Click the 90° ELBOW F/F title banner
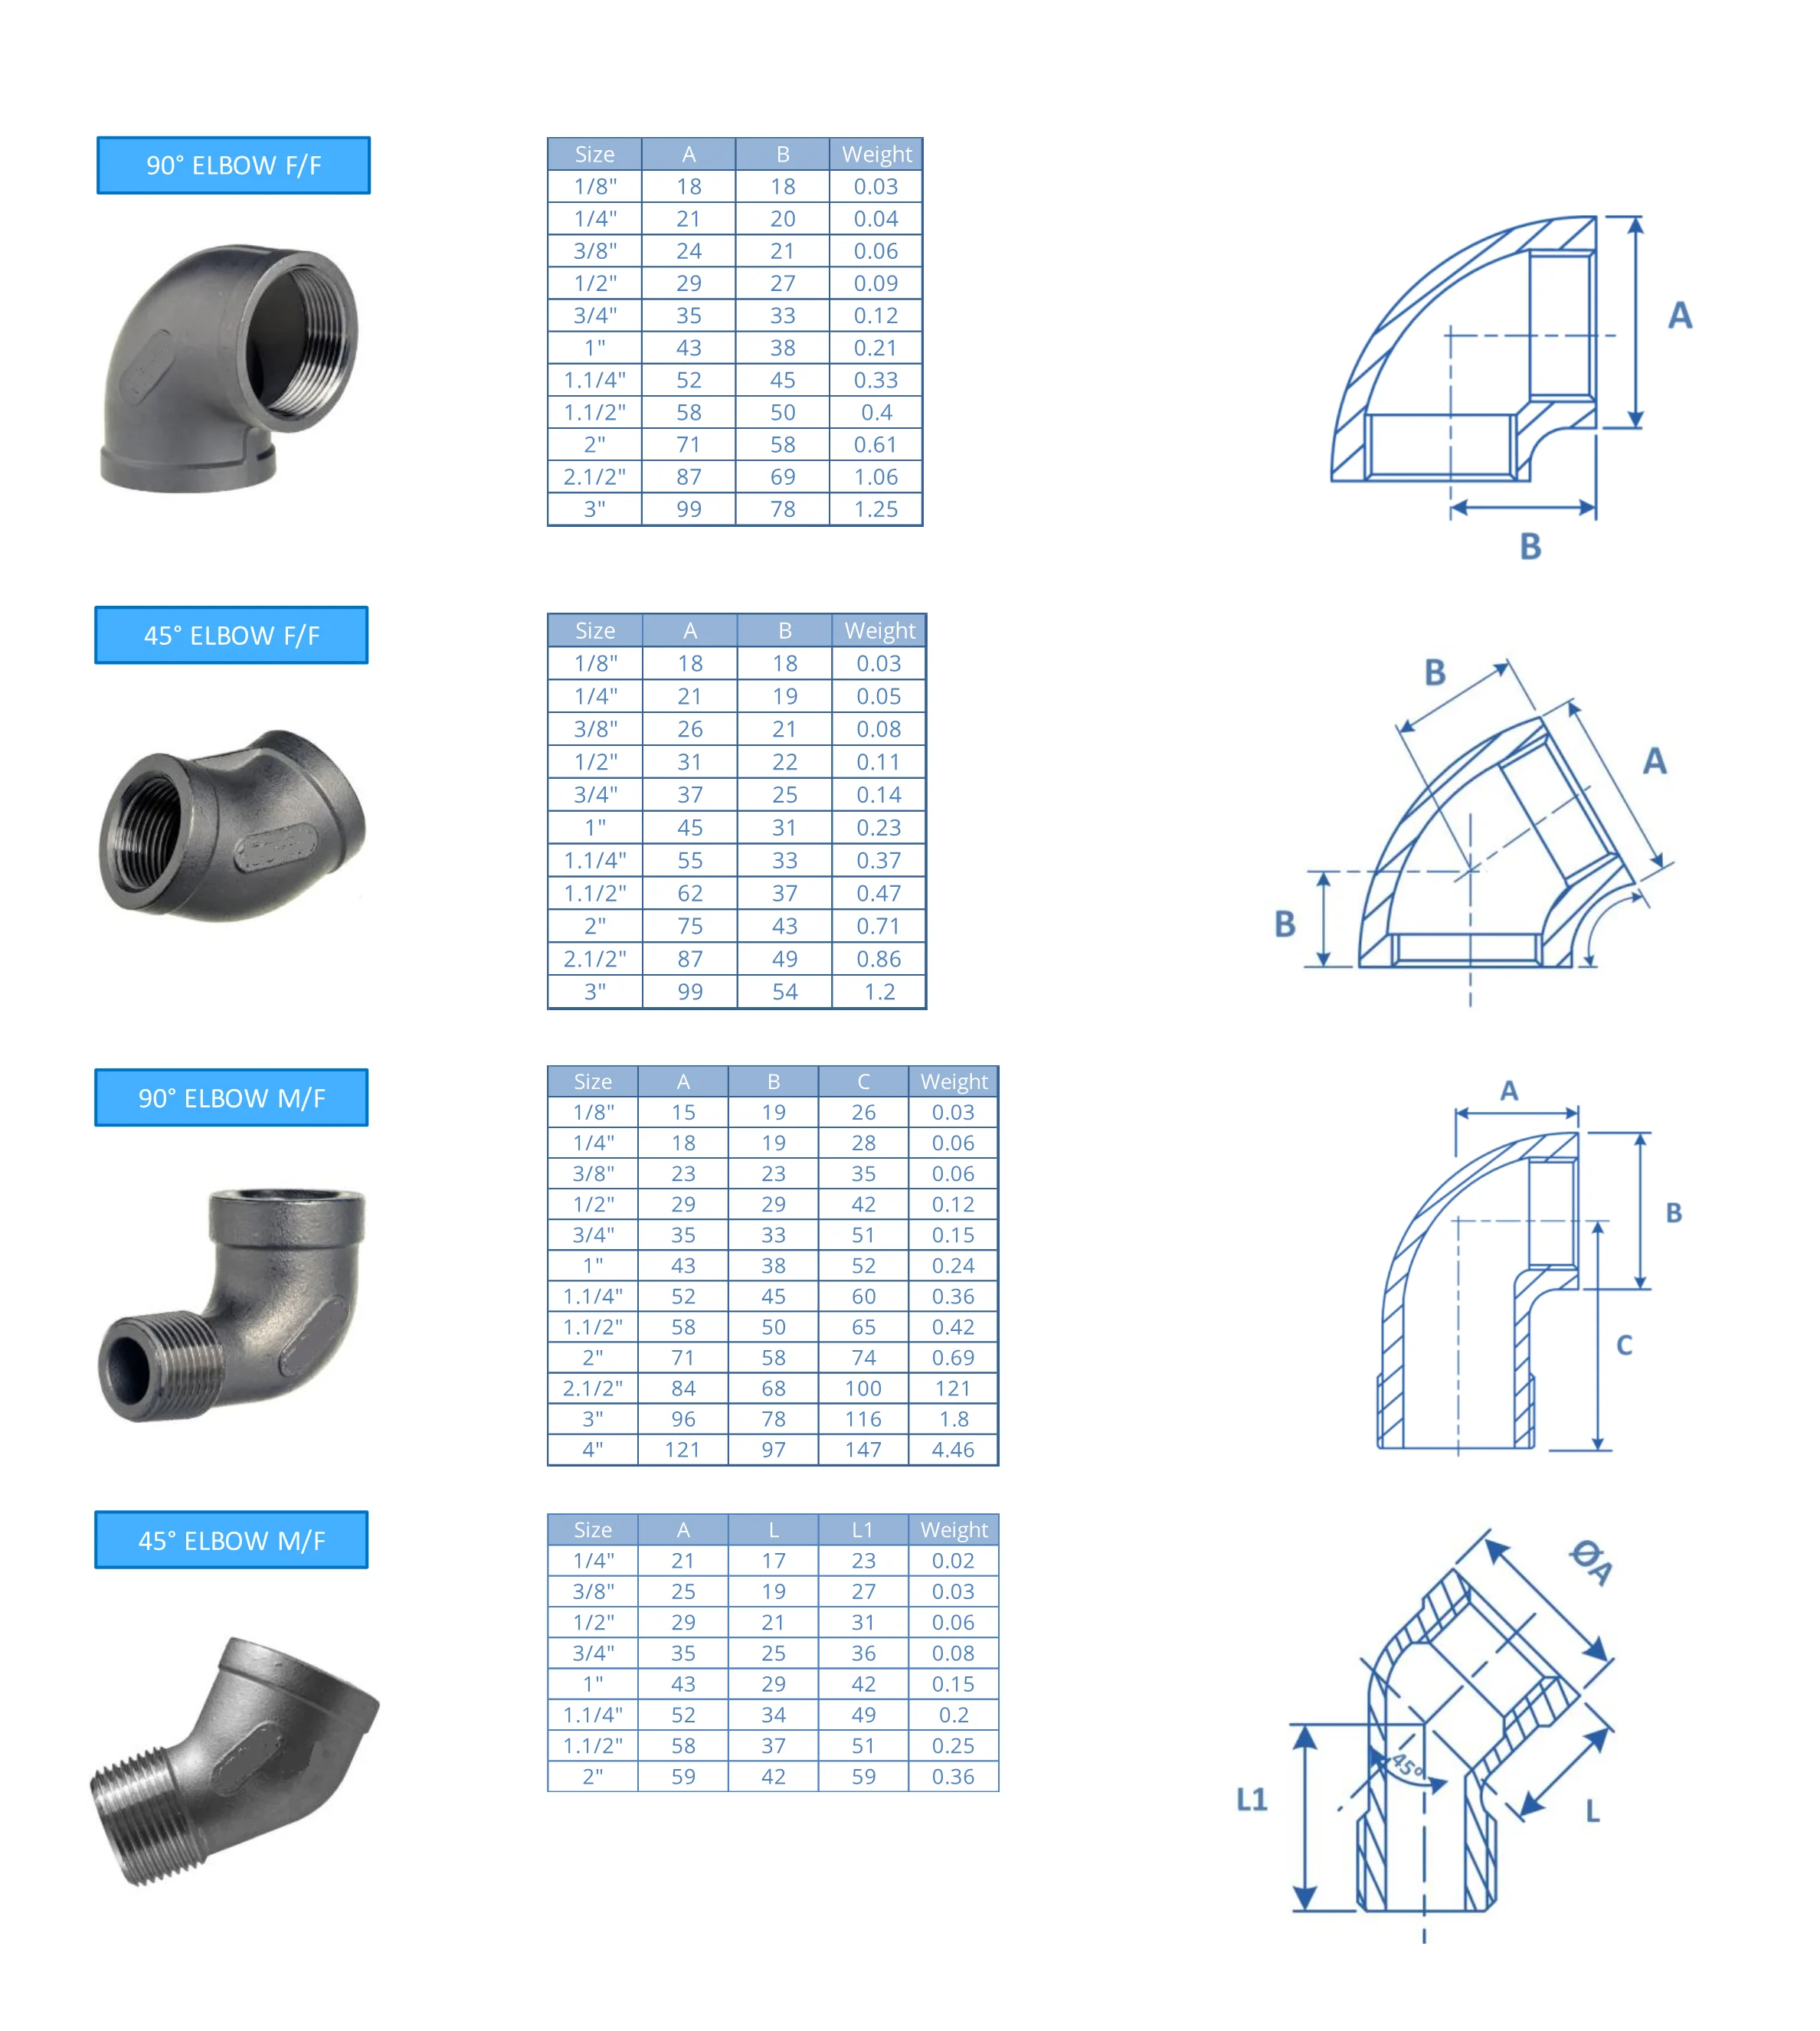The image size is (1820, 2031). pyautogui.click(x=233, y=165)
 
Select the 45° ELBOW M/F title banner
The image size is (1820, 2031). pyautogui.click(x=231, y=1540)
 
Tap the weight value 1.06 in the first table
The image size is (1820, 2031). pyautogui.click(x=876, y=477)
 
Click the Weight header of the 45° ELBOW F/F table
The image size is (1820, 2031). pyautogui.click(x=879, y=630)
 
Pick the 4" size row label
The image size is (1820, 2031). pyautogui.click(x=593, y=1449)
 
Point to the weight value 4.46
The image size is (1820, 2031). pyautogui.click(x=953, y=1449)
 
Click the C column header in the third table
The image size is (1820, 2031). pyautogui.click(x=863, y=1081)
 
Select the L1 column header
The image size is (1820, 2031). pyautogui.click(x=863, y=1529)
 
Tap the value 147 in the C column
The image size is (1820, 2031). pyautogui.click(x=863, y=1449)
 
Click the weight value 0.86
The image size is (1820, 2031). pyautogui.click(x=879, y=959)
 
